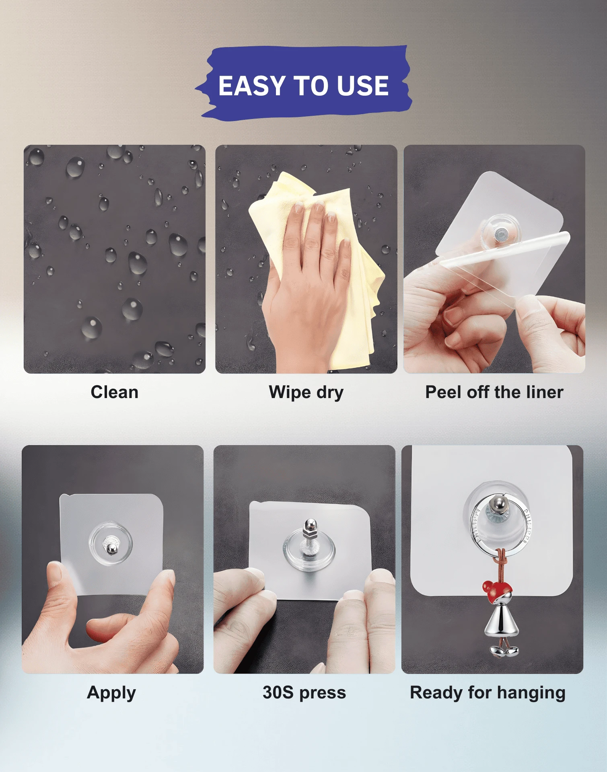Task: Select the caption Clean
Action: pos(115,392)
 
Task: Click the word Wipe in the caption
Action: pos(290,393)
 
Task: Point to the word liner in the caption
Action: pos(543,392)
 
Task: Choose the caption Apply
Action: pos(111,693)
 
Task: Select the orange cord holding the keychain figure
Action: pos(500,565)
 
